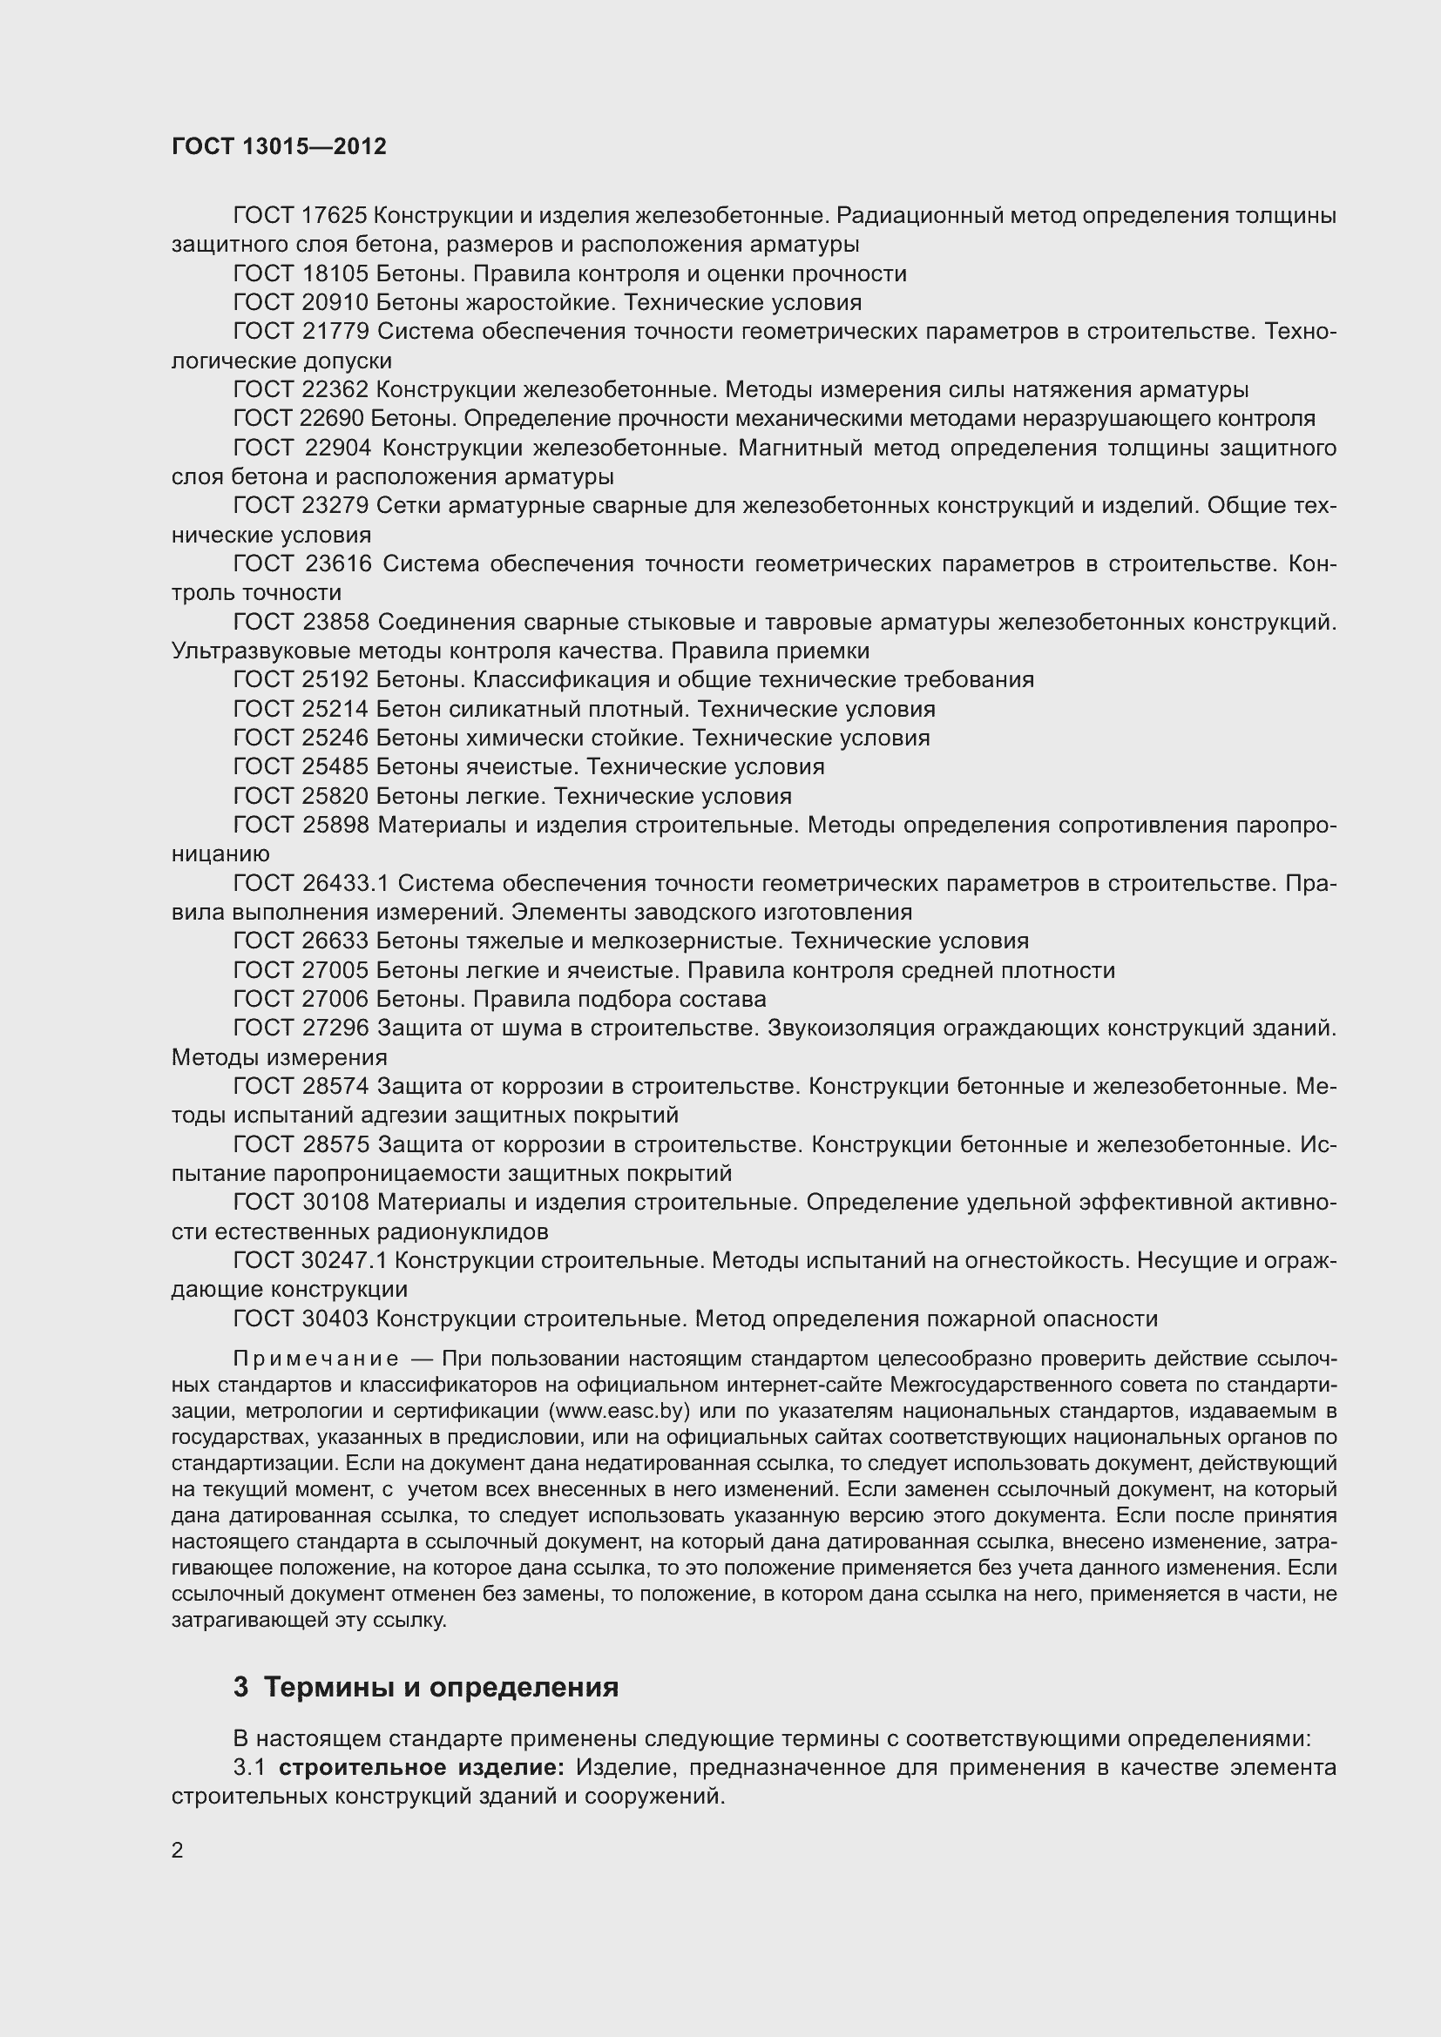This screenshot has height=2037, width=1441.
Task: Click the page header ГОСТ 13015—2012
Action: (279, 146)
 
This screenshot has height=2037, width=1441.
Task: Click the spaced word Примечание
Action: (315, 1359)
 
